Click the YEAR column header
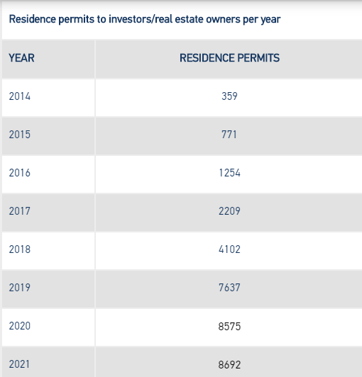click(x=21, y=58)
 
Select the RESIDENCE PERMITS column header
click(x=229, y=58)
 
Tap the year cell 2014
click(x=20, y=96)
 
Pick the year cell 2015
click(x=20, y=135)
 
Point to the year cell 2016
click(x=20, y=173)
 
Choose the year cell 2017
click(x=20, y=211)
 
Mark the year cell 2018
click(x=20, y=249)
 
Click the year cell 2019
click(x=20, y=288)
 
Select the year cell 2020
click(x=20, y=326)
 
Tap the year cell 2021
click(x=19, y=364)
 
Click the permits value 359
click(x=229, y=96)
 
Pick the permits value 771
click(x=229, y=135)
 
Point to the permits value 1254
click(x=229, y=173)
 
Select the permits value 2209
click(x=229, y=211)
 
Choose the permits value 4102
click(x=229, y=249)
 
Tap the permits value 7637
click(x=229, y=288)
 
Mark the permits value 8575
click(x=229, y=327)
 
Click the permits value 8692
click(x=229, y=365)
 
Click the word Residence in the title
click(x=33, y=19)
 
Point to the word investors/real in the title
click(x=141, y=19)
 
